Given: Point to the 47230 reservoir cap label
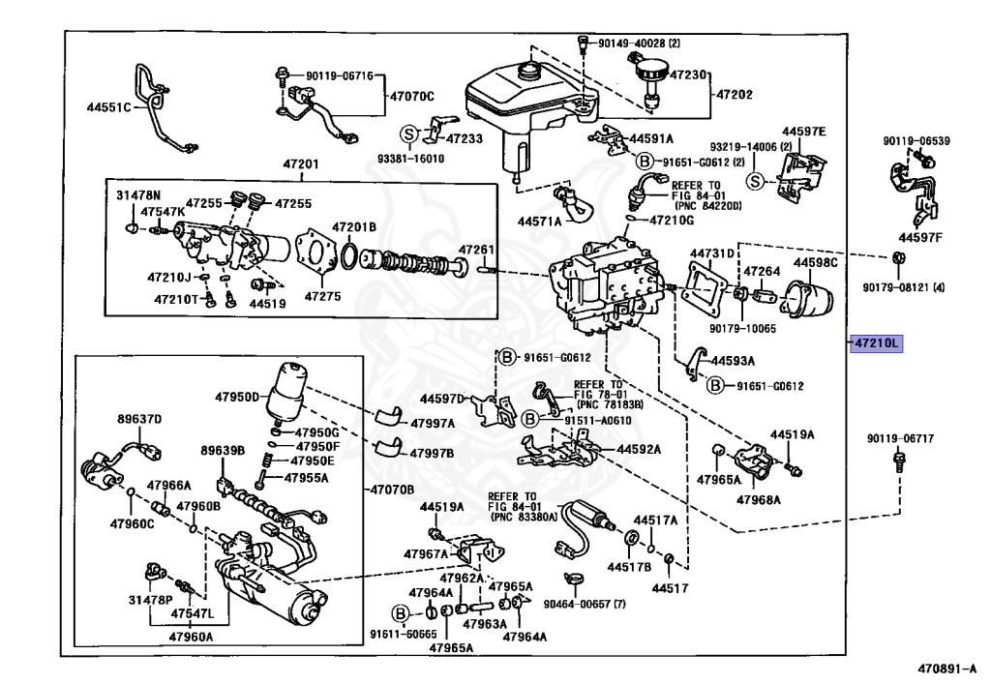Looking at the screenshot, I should (691, 74).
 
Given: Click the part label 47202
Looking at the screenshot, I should (736, 95).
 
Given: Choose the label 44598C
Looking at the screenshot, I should (815, 262).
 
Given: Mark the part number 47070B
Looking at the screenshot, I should (390, 489).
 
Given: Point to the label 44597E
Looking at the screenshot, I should (804, 132).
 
